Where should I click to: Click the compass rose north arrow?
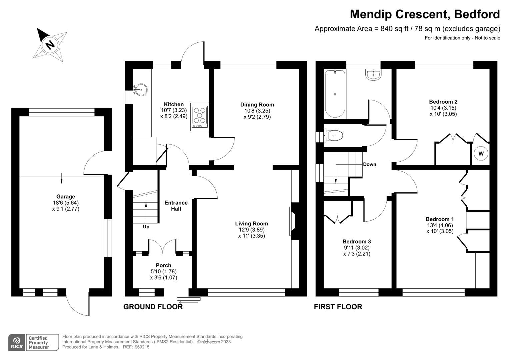50,44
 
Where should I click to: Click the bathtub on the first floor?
335,94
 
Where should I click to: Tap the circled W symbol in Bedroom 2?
481,154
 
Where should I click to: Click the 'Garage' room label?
66,197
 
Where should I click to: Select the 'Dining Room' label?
257,105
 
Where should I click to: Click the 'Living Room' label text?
251,224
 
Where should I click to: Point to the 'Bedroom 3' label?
357,242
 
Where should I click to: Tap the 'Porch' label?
163,265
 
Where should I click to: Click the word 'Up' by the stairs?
146,227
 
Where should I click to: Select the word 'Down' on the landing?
369,164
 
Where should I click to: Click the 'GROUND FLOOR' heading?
153,307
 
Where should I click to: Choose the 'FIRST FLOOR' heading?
338,307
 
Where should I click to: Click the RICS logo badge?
16,343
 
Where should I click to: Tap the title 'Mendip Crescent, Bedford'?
425,14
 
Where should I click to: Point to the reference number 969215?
141,347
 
